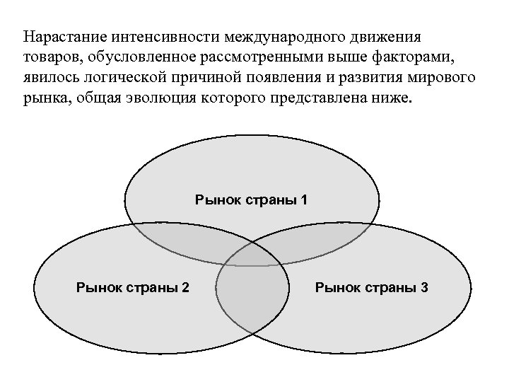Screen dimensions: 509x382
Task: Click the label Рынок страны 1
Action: point(251,199)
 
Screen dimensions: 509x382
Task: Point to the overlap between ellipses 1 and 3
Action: point(329,237)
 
